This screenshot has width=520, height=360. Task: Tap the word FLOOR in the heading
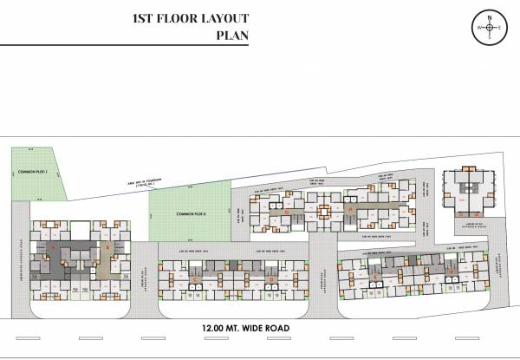(x=179, y=17)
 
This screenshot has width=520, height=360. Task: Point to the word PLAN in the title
(x=232, y=36)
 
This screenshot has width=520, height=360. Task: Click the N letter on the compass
(x=490, y=17)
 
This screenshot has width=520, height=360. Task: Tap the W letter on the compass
(x=478, y=28)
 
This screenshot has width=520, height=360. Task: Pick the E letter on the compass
(x=501, y=28)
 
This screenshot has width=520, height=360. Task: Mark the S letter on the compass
(x=490, y=38)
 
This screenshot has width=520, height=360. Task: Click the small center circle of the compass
(x=490, y=28)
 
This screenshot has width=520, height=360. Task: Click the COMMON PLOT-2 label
(x=190, y=213)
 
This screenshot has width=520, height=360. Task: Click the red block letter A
(x=55, y=248)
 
